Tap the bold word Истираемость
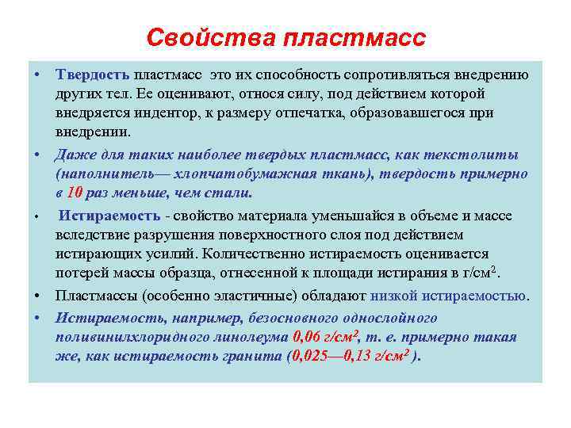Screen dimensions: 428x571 click(109, 216)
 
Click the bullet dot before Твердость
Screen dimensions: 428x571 click(37, 75)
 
